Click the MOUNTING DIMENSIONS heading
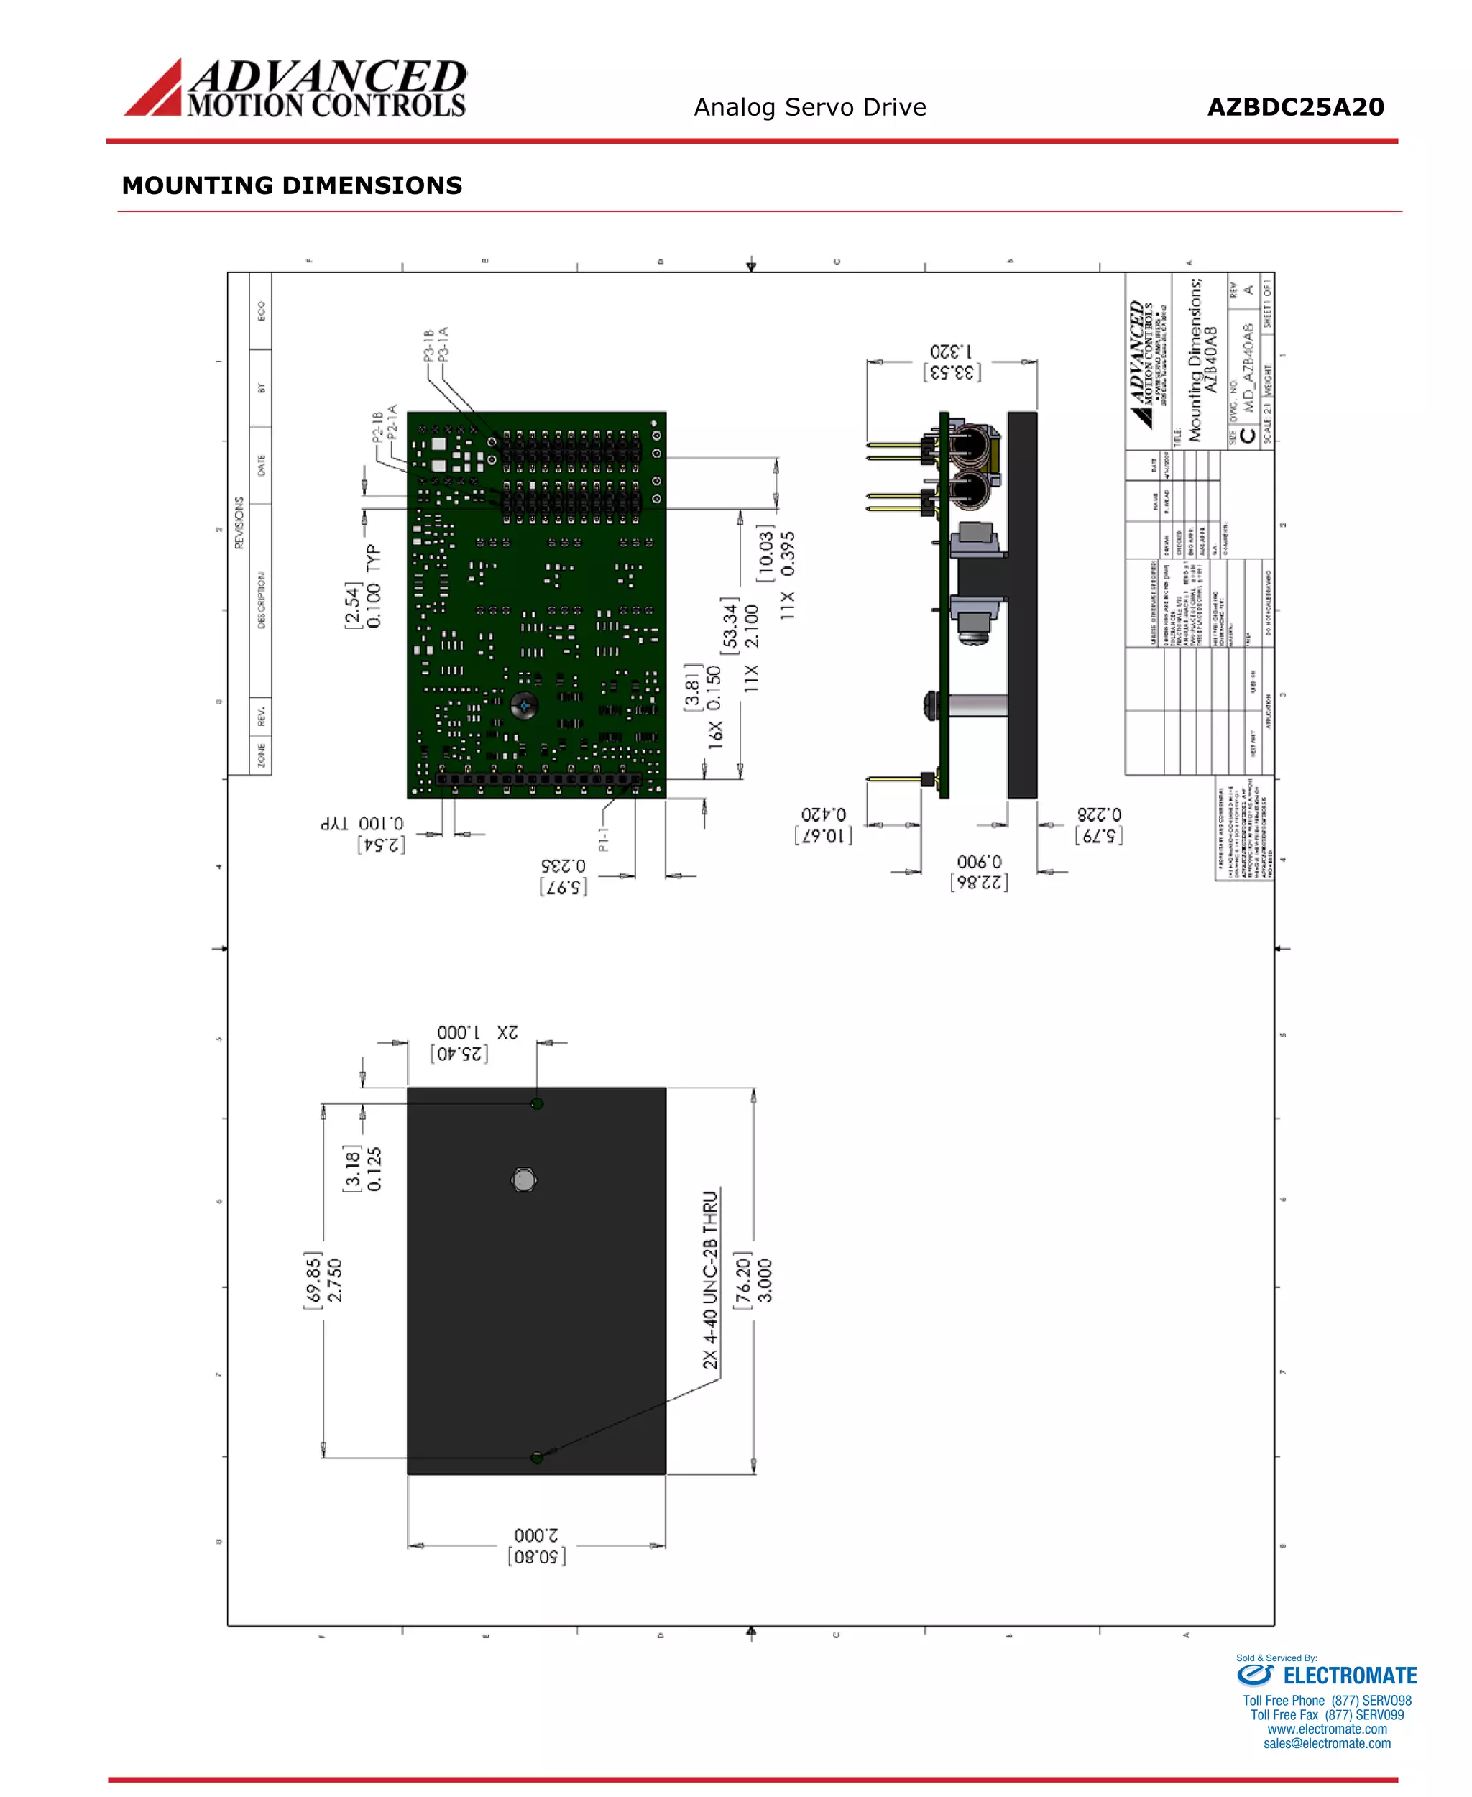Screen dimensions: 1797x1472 (292, 185)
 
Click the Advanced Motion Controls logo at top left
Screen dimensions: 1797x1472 (295, 88)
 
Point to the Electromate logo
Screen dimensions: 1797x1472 (1326, 1675)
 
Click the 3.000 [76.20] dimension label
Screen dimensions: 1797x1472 (754, 1279)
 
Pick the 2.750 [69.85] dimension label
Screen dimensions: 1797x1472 (324, 1279)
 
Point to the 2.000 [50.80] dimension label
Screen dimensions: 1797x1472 (536, 1545)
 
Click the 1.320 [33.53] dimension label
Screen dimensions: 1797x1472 (952, 362)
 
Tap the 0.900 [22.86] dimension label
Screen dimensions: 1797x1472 (980, 872)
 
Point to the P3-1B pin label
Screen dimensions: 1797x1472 (429, 345)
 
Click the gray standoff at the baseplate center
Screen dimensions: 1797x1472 (524, 1180)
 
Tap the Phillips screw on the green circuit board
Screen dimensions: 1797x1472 (523, 704)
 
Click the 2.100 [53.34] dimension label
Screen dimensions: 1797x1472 (740, 626)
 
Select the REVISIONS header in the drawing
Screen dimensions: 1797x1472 (239, 523)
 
